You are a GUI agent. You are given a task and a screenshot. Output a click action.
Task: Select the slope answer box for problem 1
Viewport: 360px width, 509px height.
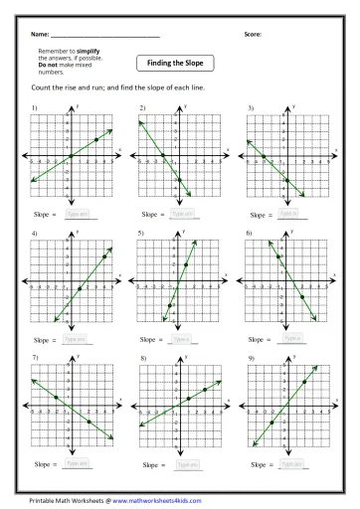click(77, 212)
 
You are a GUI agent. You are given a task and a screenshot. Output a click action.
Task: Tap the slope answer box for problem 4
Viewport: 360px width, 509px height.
click(76, 338)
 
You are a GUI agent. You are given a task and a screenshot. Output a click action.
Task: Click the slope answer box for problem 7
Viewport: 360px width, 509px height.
click(76, 463)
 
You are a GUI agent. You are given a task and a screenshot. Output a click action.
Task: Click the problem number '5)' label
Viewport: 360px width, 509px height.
click(143, 232)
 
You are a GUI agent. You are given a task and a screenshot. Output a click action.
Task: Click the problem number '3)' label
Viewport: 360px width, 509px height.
click(250, 106)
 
